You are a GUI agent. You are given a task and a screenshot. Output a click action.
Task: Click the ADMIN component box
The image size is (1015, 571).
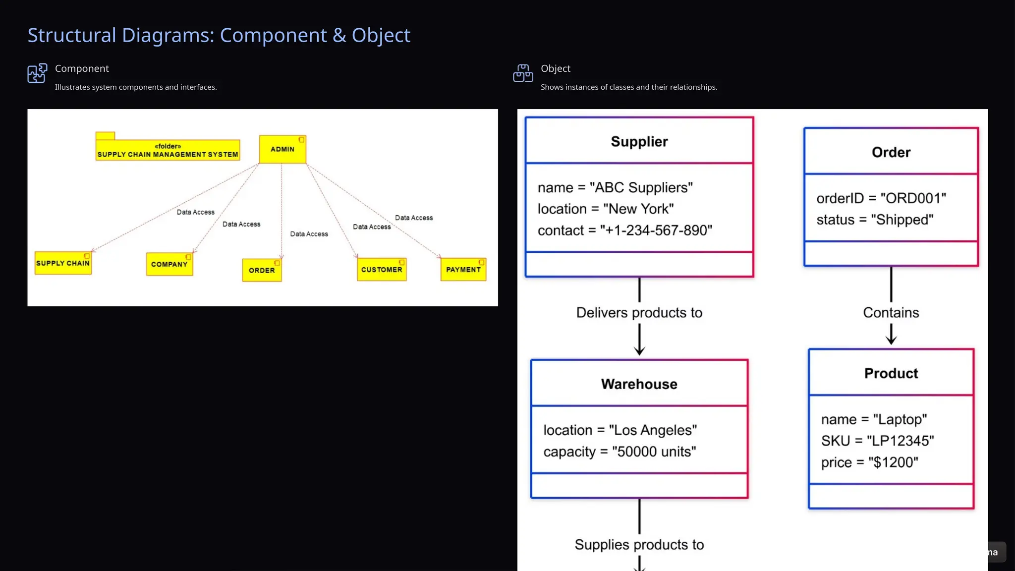[282, 149]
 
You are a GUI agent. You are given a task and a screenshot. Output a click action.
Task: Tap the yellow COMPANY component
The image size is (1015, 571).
[169, 264]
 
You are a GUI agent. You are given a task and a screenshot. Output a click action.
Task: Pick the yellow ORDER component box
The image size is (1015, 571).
[262, 270]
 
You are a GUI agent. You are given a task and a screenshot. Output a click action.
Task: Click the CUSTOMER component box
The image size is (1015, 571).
[382, 270]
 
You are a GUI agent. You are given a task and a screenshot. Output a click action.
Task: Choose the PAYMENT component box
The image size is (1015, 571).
[463, 270]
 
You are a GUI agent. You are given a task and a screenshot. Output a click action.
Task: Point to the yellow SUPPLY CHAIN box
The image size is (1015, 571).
[63, 263]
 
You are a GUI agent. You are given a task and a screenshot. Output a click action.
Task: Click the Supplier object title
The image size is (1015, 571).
[639, 142]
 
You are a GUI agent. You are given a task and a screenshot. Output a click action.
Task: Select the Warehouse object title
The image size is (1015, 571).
[639, 384]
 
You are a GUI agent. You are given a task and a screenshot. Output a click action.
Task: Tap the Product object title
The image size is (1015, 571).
[891, 373]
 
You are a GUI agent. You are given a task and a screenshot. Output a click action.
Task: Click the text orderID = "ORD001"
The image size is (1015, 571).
[881, 198]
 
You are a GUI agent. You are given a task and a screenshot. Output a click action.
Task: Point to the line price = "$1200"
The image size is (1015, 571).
[869, 462]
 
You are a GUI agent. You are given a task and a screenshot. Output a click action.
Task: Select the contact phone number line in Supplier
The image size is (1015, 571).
[624, 230]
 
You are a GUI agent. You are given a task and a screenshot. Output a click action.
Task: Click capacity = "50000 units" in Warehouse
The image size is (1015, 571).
[620, 452]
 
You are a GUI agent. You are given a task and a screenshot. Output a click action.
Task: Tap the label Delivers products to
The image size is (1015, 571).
[639, 313]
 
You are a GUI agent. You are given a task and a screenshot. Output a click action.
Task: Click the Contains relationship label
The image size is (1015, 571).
[891, 313]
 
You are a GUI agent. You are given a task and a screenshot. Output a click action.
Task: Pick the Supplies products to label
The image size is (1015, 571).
[639, 545]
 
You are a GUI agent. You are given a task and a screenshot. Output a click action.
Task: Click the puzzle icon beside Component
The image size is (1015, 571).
[37, 73]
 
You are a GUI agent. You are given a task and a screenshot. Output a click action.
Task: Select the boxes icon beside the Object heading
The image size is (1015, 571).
[523, 73]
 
